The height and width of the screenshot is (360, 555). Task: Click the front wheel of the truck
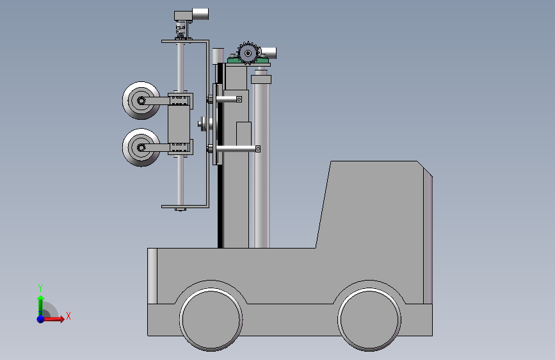[211, 319]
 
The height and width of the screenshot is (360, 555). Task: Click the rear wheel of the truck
[369, 319]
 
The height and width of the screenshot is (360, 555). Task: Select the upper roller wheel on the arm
[141, 101]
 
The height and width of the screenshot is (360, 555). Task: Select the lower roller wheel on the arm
[141, 147]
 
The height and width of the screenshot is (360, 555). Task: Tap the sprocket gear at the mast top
[248, 54]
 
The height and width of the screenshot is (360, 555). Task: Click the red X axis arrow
[53, 319]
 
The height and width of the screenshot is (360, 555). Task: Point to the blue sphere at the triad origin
[41, 319]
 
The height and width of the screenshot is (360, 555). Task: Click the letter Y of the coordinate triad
[40, 288]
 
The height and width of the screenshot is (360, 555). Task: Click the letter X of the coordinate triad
[68, 316]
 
